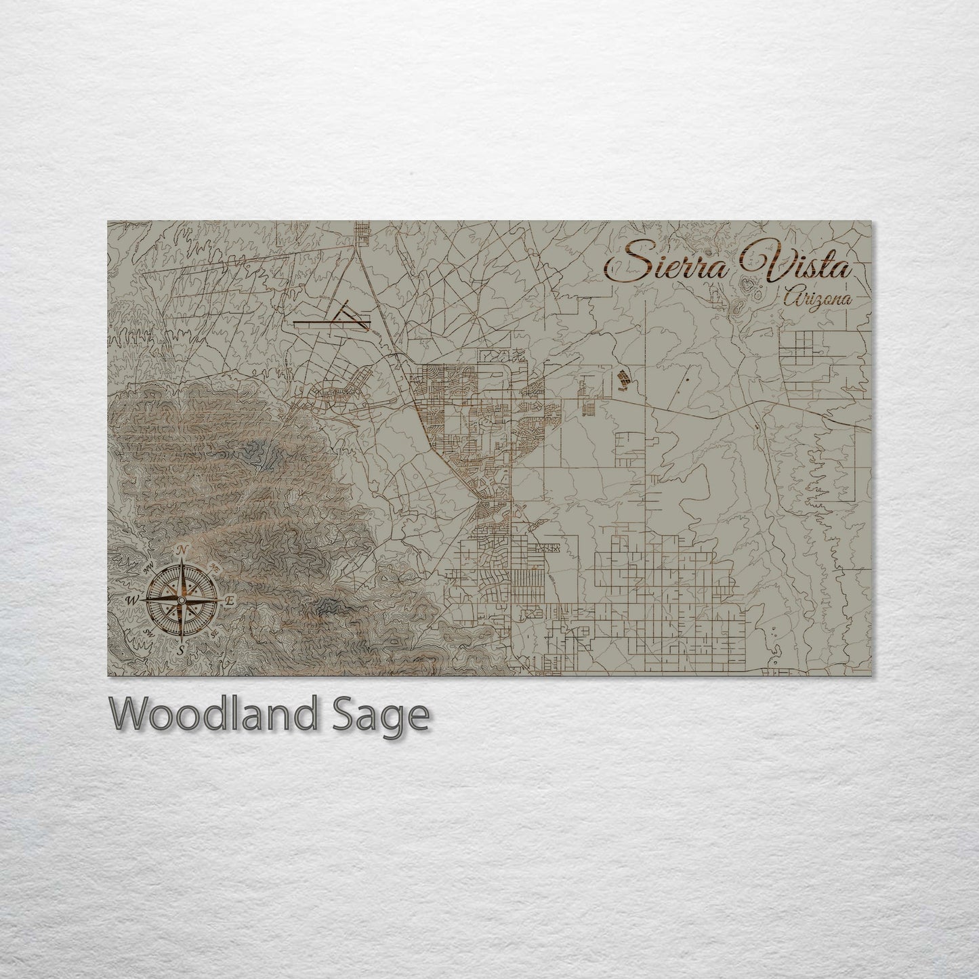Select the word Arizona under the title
click(815, 297)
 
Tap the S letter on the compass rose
click(181, 649)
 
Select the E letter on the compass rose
click(230, 600)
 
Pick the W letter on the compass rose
click(133, 600)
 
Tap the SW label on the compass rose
click(150, 631)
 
